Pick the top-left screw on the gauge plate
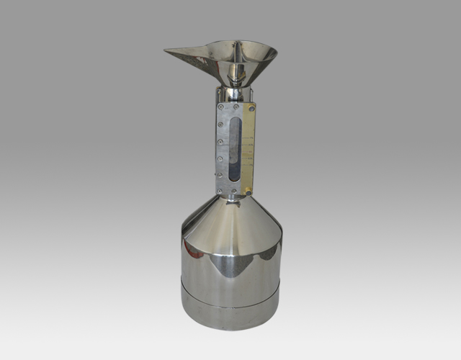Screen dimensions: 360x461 (219, 107)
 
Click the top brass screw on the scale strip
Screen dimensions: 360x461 (251, 108)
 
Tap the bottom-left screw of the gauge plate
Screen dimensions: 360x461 (219, 191)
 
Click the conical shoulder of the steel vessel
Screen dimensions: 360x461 (230, 223)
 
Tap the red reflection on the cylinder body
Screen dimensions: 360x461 (190, 251)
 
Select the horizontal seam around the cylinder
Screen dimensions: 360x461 (230, 303)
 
